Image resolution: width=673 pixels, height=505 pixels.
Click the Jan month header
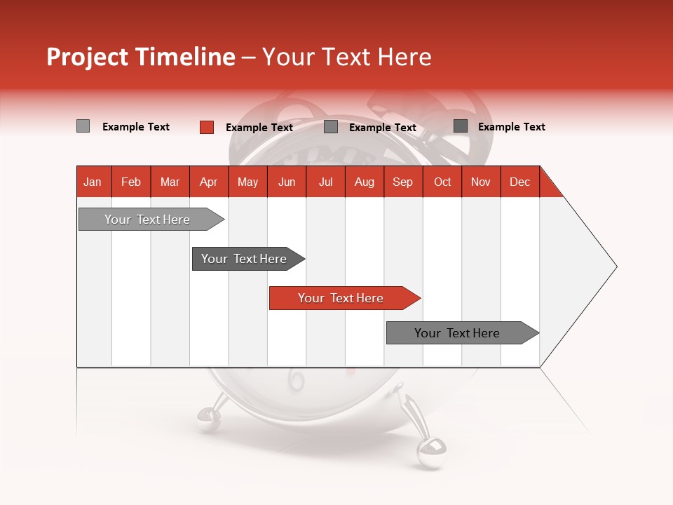click(x=93, y=182)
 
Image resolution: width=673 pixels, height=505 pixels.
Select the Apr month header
click(x=208, y=182)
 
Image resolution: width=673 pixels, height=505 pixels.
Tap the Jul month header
click(x=325, y=182)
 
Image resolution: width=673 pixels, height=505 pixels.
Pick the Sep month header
click(x=402, y=182)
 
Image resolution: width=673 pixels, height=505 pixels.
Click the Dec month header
click(x=519, y=182)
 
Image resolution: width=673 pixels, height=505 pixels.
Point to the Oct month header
click(x=442, y=182)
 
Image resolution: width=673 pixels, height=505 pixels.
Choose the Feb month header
click(x=131, y=182)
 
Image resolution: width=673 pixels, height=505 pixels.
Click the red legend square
click(x=207, y=127)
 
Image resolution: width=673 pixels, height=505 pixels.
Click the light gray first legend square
click(x=83, y=126)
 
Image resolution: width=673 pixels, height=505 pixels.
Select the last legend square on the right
click(x=461, y=126)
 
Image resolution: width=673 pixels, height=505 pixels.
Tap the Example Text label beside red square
click(x=259, y=128)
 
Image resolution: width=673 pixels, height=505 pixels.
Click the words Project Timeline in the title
click(x=140, y=57)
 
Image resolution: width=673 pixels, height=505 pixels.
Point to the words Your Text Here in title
click(x=346, y=57)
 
